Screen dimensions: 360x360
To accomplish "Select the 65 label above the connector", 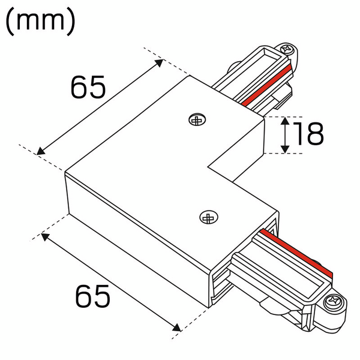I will click(x=88, y=88).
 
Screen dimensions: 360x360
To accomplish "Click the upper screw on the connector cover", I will click(x=196, y=120).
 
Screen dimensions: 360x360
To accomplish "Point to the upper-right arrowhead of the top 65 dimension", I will click(x=160, y=61).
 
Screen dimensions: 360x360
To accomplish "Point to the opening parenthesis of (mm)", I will click(x=10, y=22).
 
